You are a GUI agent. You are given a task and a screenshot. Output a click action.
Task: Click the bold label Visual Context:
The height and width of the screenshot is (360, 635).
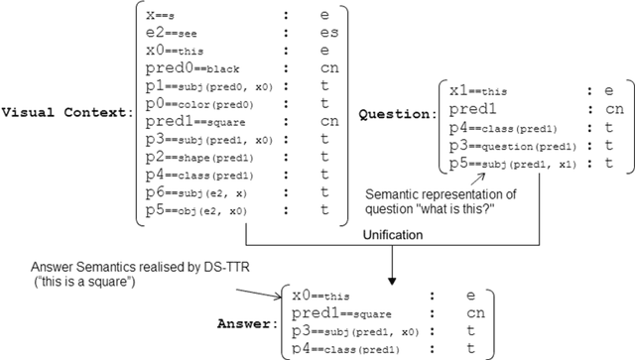68,112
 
